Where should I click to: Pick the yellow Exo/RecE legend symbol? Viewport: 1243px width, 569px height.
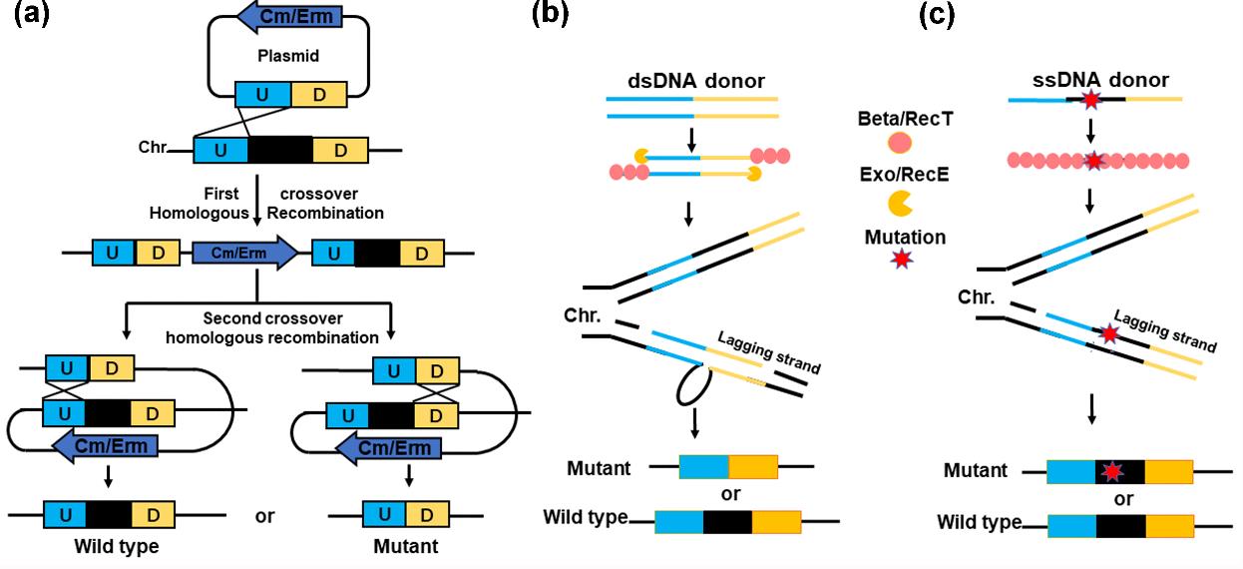click(901, 203)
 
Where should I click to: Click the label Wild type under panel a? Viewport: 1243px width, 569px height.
click(116, 546)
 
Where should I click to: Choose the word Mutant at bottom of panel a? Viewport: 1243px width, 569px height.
click(405, 546)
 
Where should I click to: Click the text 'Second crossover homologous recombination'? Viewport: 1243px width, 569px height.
click(290, 328)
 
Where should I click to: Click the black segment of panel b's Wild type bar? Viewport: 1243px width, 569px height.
click(727, 521)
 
